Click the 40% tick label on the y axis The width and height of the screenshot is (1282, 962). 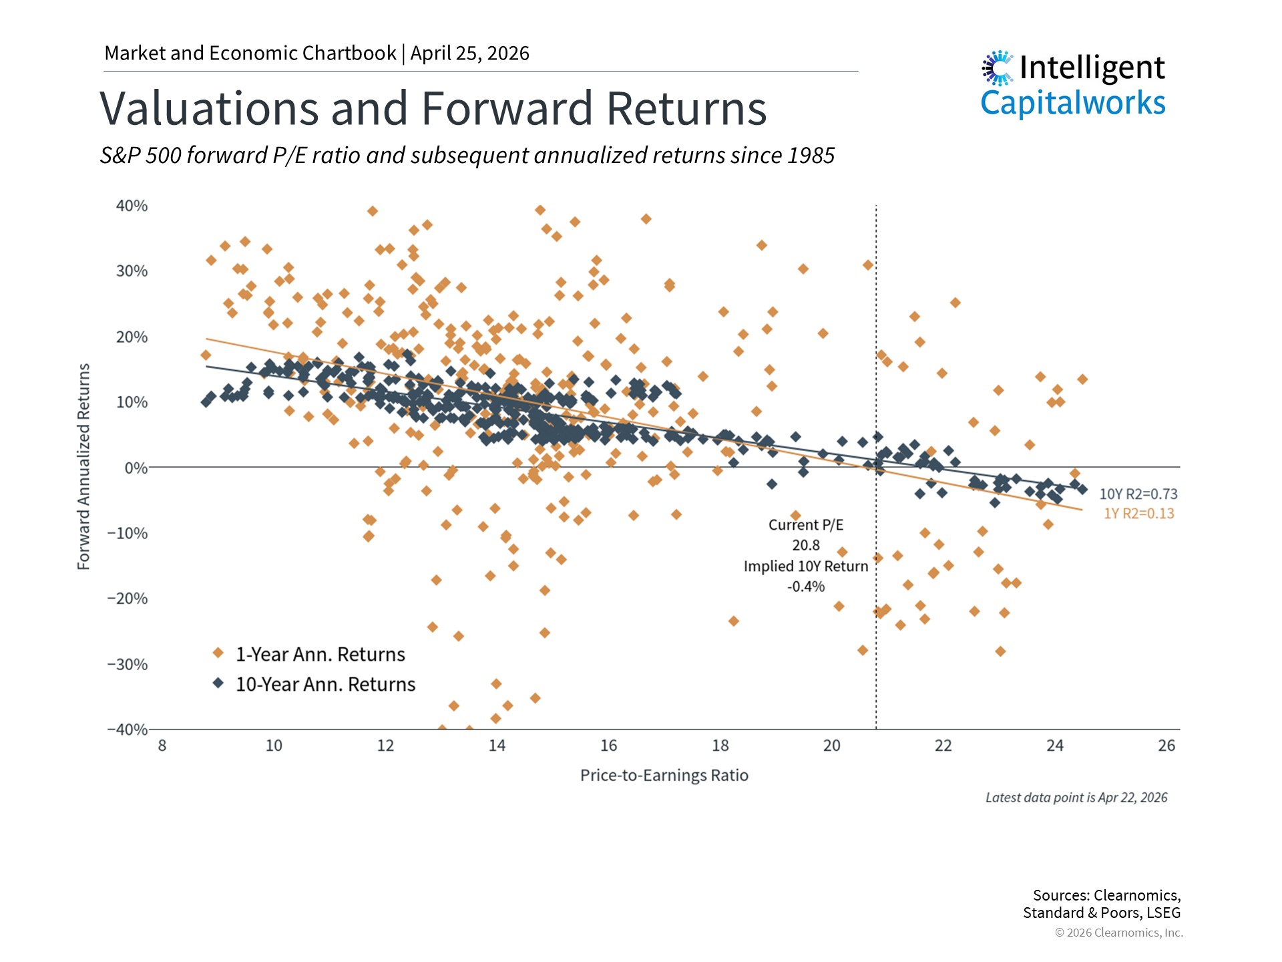(x=132, y=206)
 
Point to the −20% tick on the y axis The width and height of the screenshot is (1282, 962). (x=128, y=599)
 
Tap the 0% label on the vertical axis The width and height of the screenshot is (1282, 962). (x=136, y=468)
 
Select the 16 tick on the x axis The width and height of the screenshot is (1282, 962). (x=608, y=746)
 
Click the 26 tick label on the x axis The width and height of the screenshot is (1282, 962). (x=1166, y=746)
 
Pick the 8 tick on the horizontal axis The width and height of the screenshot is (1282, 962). (x=162, y=746)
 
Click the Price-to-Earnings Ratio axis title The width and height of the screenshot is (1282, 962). (x=664, y=776)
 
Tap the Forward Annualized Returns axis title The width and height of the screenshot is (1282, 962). (x=83, y=466)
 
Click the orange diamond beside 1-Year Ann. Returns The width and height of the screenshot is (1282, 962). (x=218, y=653)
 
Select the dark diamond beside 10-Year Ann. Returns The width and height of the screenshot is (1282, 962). (x=218, y=683)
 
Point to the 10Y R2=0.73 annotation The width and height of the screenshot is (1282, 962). (x=1138, y=494)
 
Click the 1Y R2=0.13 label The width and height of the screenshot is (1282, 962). (x=1138, y=514)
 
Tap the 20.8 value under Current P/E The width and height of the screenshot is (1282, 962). (x=806, y=546)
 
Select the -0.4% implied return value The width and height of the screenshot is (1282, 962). (x=806, y=587)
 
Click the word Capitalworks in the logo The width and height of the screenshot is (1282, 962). (x=1072, y=104)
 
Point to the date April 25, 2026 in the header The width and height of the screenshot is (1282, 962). (x=469, y=53)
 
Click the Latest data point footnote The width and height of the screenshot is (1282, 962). (x=1076, y=798)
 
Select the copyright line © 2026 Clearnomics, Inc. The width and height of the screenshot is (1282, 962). (x=1118, y=933)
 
